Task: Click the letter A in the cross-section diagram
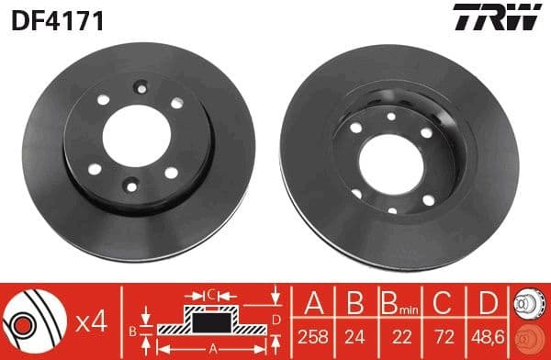[214, 347]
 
